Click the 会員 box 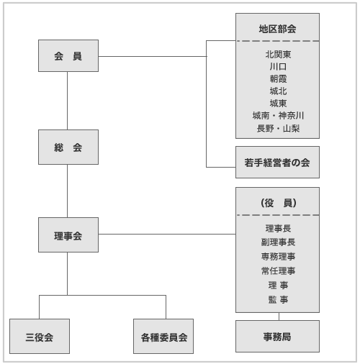(x=68, y=55)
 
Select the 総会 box (x=68, y=147)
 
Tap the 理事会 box (x=68, y=235)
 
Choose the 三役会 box (x=40, y=336)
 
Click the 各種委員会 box (x=163, y=336)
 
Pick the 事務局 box (x=277, y=336)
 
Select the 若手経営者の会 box (x=277, y=162)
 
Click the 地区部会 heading (x=277, y=29)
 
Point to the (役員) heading (x=279, y=203)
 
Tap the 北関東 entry (x=278, y=55)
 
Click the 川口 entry (x=278, y=66)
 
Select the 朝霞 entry (x=278, y=78)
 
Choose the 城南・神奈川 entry (x=278, y=116)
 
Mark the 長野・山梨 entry (x=278, y=128)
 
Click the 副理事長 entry (x=278, y=242)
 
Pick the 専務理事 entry (x=278, y=257)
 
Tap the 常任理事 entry (x=278, y=271)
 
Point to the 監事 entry (x=278, y=299)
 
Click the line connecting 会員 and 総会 (x=67, y=101)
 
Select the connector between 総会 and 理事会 (x=67, y=191)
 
